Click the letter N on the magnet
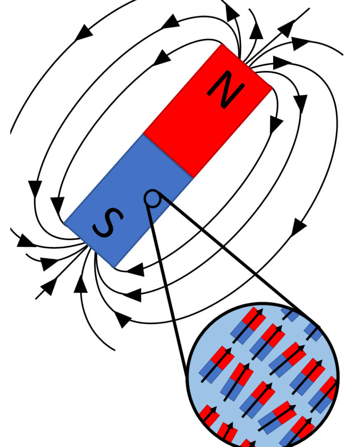(x=226, y=89)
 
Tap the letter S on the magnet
(x=108, y=222)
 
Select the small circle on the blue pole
(x=152, y=199)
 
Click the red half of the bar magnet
(x=208, y=110)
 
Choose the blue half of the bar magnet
(x=128, y=201)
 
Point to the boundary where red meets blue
(x=168, y=156)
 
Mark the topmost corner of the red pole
(x=222, y=43)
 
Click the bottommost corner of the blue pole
(x=114, y=268)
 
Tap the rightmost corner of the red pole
(x=272, y=87)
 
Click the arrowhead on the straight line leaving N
(x=286, y=28)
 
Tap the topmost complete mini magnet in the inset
(x=248, y=325)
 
